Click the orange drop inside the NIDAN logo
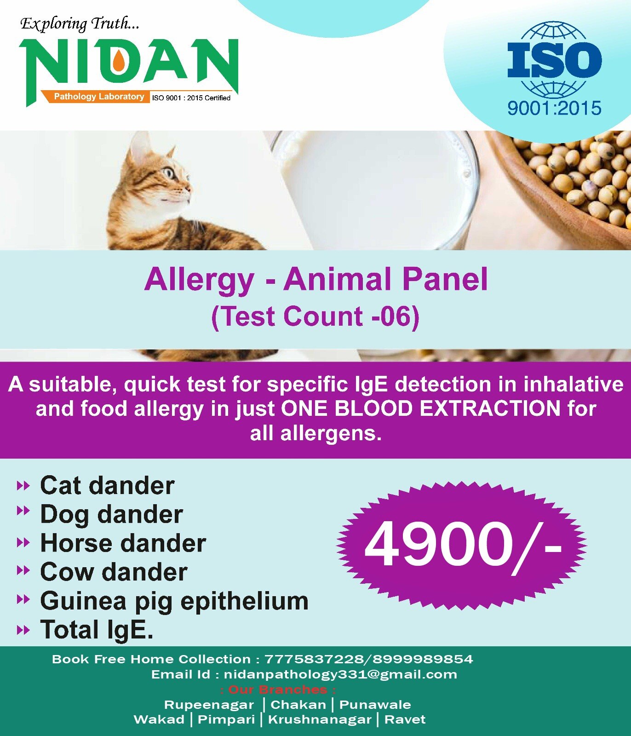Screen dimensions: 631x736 (119, 61)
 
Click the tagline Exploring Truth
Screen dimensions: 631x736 (80, 24)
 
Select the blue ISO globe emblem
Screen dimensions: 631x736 (554, 60)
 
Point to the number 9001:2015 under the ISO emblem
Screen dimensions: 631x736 (554, 109)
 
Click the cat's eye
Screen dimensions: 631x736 (168, 173)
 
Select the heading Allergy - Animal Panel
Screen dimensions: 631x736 (316, 279)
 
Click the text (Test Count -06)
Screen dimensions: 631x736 (315, 317)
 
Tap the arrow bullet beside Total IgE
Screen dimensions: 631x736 (23, 630)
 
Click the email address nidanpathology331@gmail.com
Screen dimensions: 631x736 (340, 675)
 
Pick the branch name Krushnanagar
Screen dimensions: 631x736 (320, 720)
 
